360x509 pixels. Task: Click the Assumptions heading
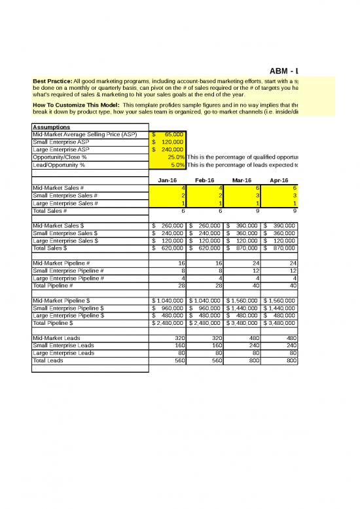pos(52,127)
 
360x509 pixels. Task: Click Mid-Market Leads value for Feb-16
pos(206,339)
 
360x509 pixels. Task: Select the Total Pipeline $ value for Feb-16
pos(206,323)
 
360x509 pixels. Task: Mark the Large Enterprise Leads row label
pos(63,354)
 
